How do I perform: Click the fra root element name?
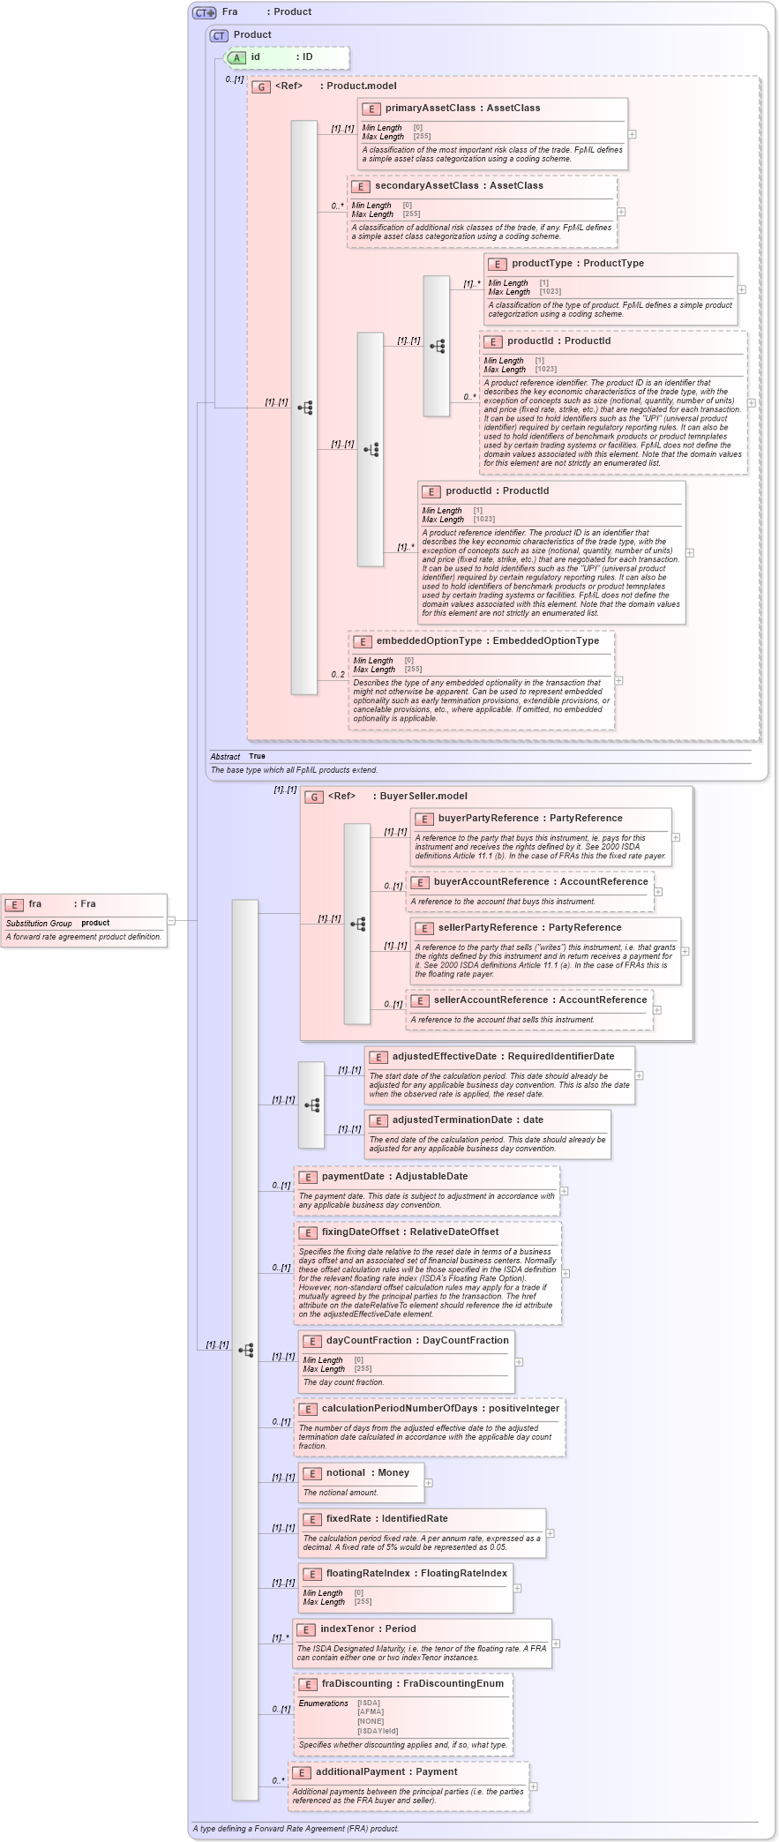point(35,903)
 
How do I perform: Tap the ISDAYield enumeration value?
point(378,1731)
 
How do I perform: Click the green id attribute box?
point(288,57)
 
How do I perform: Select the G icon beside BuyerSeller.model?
point(314,797)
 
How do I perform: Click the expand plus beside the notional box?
point(429,1483)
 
